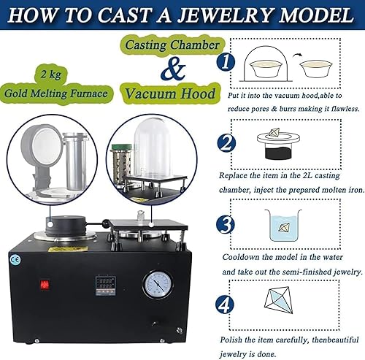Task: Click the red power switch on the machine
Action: [x=45, y=285]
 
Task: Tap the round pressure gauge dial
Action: [x=158, y=285]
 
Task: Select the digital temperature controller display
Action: [x=105, y=286]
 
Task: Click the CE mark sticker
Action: [x=15, y=259]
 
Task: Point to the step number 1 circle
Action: [x=226, y=61]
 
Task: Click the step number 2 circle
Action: [x=226, y=143]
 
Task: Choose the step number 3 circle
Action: [x=226, y=224]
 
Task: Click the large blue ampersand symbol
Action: [x=173, y=69]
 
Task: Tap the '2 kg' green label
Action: [x=51, y=74]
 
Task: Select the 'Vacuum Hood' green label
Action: [x=171, y=93]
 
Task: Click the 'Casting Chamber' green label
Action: [x=172, y=45]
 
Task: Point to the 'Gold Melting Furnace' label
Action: [x=56, y=93]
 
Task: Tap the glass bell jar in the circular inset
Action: [x=153, y=148]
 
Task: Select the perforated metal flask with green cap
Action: [x=122, y=161]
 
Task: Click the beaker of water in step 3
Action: [x=283, y=225]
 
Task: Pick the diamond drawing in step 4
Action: [x=278, y=300]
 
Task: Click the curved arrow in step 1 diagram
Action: [x=298, y=55]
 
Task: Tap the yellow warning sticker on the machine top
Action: [x=68, y=249]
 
